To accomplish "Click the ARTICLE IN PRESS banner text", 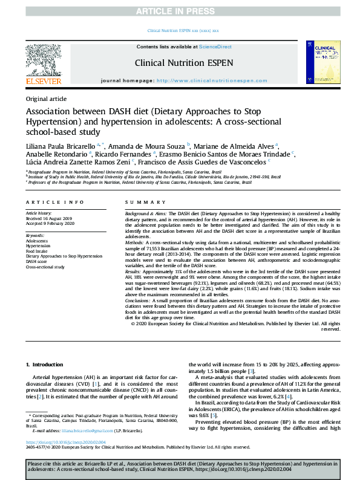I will tap(180, 10).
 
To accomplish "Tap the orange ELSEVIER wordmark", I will tap(43, 81).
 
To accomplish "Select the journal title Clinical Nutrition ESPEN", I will tap(180, 62).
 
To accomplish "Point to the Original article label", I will tap(47, 99).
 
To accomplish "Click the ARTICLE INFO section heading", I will tap(54, 201).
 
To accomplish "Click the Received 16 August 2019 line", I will tap(48, 218).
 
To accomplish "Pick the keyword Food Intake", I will tap(38, 251).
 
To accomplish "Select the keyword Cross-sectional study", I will tap(45, 266).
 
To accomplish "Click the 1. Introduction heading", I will tap(46, 364).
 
